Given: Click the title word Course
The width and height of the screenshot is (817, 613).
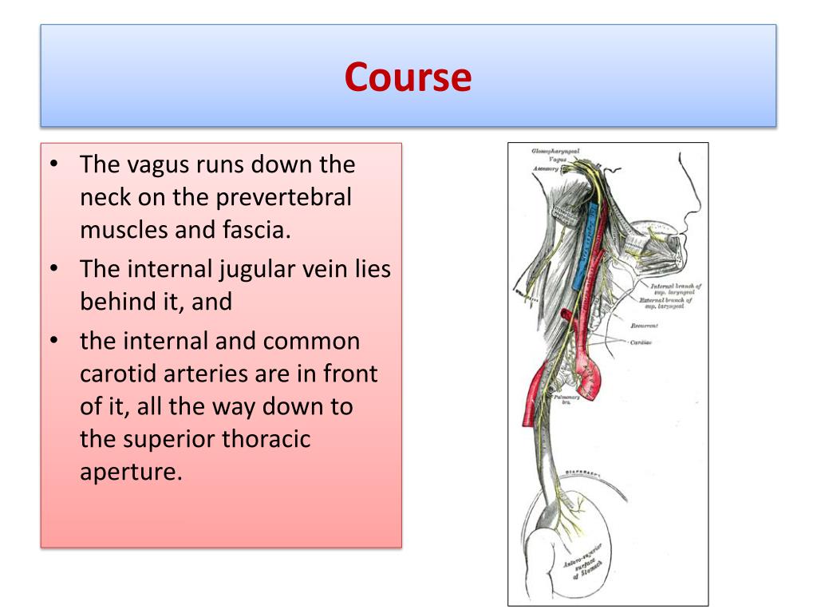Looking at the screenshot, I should (408, 77).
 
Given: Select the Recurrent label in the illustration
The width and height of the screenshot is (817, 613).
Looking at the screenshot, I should (644, 326).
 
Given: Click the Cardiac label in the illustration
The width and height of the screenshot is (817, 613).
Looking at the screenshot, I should (641, 342).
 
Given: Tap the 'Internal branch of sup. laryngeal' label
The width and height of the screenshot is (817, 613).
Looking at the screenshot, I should (675, 289).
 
